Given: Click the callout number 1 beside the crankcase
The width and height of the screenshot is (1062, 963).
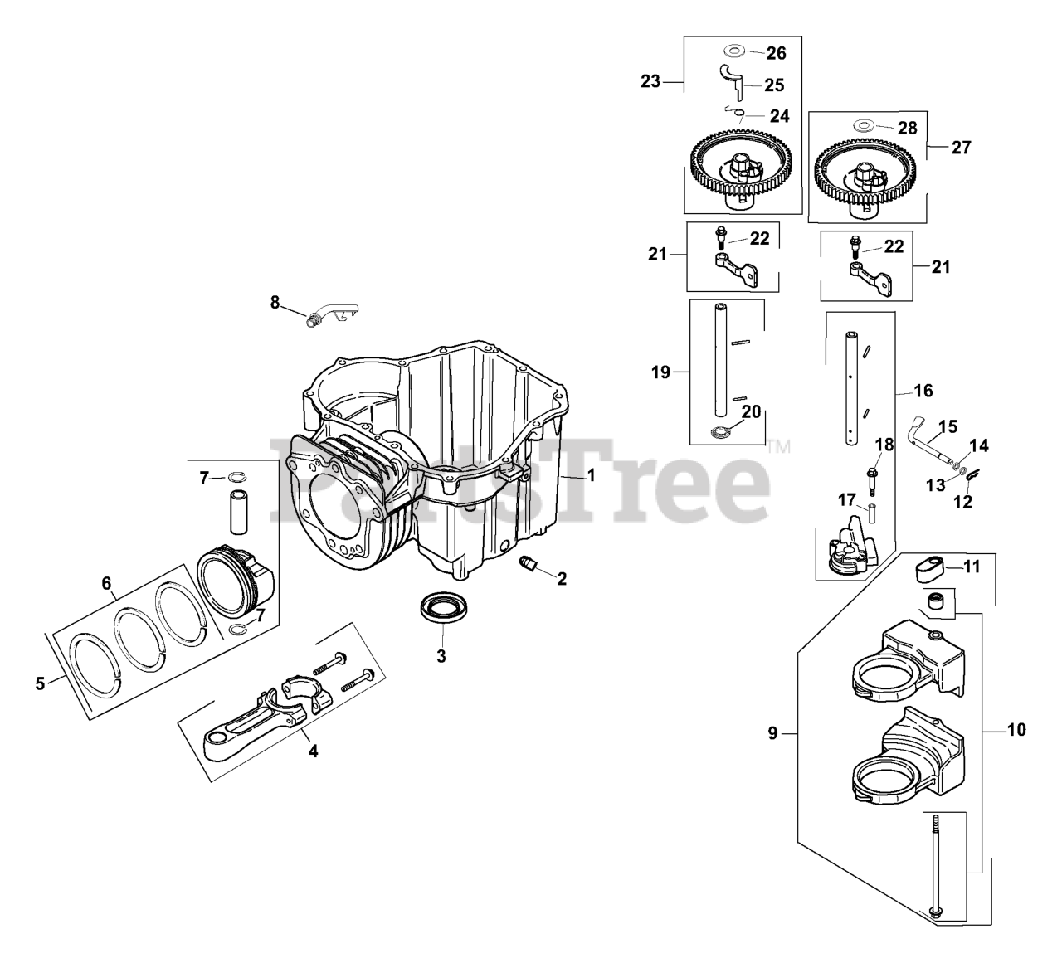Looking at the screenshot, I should pyautogui.click(x=591, y=475).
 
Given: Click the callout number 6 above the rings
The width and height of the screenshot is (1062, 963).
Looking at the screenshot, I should pyautogui.click(x=106, y=584).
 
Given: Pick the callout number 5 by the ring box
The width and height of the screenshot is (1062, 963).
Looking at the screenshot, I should pyautogui.click(x=40, y=684).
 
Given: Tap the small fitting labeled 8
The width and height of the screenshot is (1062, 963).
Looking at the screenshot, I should pyautogui.click(x=328, y=316).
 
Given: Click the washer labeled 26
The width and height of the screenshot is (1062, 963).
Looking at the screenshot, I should pyautogui.click(x=732, y=51).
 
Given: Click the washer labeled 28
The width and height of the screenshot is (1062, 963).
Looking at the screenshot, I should pyautogui.click(x=864, y=127).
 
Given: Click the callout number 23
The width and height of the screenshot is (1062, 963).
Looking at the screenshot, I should pyautogui.click(x=650, y=81).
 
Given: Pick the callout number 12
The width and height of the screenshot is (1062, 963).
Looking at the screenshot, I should pyautogui.click(x=962, y=502).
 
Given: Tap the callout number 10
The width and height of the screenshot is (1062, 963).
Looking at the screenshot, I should pyautogui.click(x=1016, y=730).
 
